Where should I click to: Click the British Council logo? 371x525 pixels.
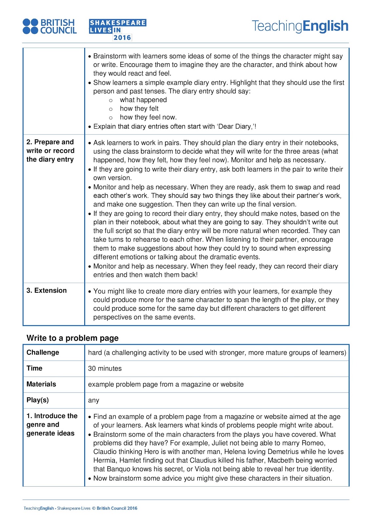[x=50, y=27]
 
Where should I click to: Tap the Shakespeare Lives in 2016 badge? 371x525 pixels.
[x=117, y=30]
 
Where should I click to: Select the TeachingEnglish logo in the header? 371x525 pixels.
[x=300, y=26]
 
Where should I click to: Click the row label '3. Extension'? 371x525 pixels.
[x=47, y=290]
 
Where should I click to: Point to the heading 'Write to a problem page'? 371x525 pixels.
[x=72, y=338]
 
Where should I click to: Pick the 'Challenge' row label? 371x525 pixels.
[x=43, y=352]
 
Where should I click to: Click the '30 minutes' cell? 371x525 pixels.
[x=105, y=368]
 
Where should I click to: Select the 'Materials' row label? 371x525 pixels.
[x=41, y=384]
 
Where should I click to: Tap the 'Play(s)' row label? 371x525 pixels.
[x=38, y=400]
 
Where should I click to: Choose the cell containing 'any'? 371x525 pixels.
[x=93, y=400]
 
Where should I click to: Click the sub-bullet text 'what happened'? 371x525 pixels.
[x=143, y=100]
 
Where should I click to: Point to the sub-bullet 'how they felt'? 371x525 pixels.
[x=139, y=109]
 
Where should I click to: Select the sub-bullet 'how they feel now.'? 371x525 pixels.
[x=148, y=117]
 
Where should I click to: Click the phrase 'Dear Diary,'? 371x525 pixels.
[x=237, y=127]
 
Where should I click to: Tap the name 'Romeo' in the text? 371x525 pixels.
[x=315, y=443]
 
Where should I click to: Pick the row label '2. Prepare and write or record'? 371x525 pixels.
[x=50, y=151]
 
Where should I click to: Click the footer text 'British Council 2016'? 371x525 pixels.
[x=117, y=508]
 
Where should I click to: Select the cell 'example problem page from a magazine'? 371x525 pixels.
[x=166, y=384]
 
